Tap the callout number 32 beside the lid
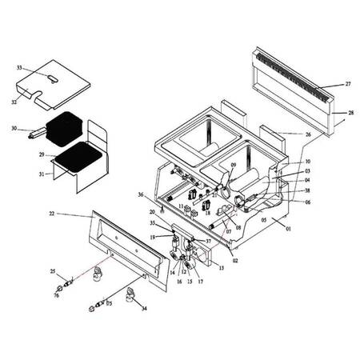click(x=14, y=102)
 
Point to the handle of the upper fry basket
click(x=35, y=128)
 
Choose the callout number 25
click(x=53, y=273)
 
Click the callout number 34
click(x=145, y=308)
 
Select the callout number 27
click(x=348, y=83)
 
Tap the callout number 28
click(x=350, y=114)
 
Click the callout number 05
click(x=264, y=219)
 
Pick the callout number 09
click(x=233, y=165)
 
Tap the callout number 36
click(x=140, y=194)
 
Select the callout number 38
click(x=307, y=191)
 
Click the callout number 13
click(x=221, y=268)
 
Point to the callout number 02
click(x=234, y=260)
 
